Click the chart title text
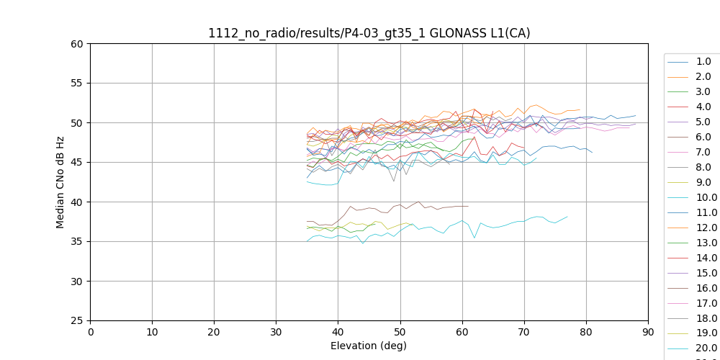point(369,33)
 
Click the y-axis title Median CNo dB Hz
point(60,182)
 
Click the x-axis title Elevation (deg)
point(369,346)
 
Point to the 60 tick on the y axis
point(77,44)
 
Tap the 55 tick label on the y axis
point(77,84)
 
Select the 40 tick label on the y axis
point(77,202)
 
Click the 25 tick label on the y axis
point(77,321)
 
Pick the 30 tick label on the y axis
point(77,282)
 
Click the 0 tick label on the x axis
point(91,332)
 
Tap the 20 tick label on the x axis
point(214,332)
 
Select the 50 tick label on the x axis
point(400,332)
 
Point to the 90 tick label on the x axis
point(648,332)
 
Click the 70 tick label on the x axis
point(524,332)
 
